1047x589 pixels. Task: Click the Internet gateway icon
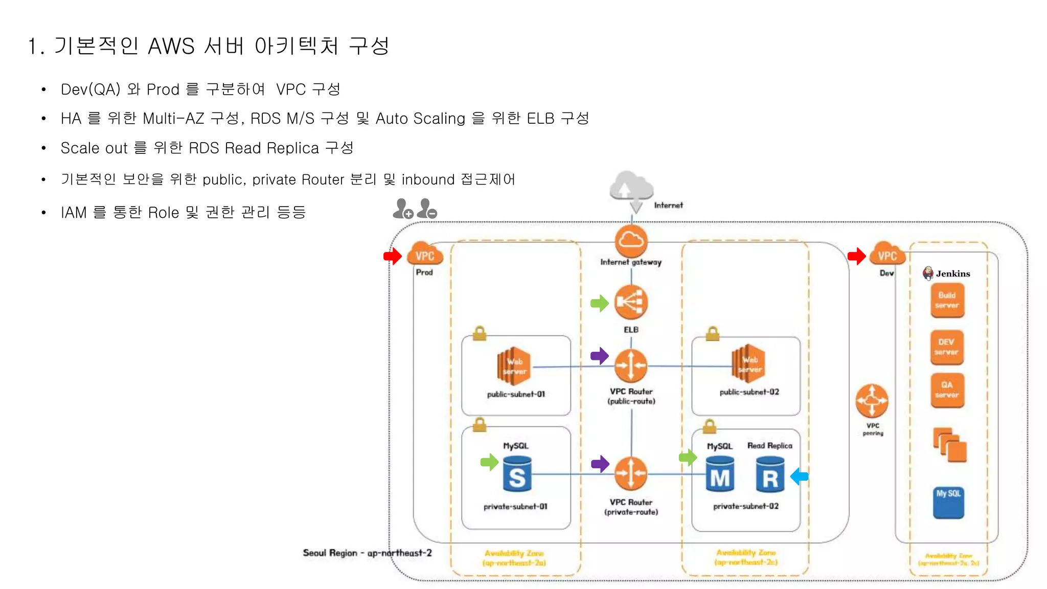[631, 241]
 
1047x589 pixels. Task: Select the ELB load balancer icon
[631, 302]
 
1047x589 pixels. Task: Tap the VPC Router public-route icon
[631, 366]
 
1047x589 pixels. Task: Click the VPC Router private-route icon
[631, 473]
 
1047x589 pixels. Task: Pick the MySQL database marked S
[517, 474]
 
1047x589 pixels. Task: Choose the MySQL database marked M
[720, 474]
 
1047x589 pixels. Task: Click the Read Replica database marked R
[770, 474]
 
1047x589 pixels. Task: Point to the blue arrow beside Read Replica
[800, 477]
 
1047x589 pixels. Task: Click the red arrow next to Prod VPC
[393, 256]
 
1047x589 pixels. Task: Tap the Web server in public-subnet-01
[514, 366]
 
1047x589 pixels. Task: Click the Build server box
[947, 301]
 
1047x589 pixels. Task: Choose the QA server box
[947, 390]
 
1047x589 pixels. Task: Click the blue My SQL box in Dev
[948, 503]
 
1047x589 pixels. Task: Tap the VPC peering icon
[872, 401]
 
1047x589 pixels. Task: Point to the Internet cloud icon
[632, 188]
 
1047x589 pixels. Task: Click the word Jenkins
[952, 274]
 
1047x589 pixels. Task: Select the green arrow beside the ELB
[599, 303]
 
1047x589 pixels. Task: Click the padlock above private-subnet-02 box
[710, 425]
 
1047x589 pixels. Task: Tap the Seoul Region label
[367, 553]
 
